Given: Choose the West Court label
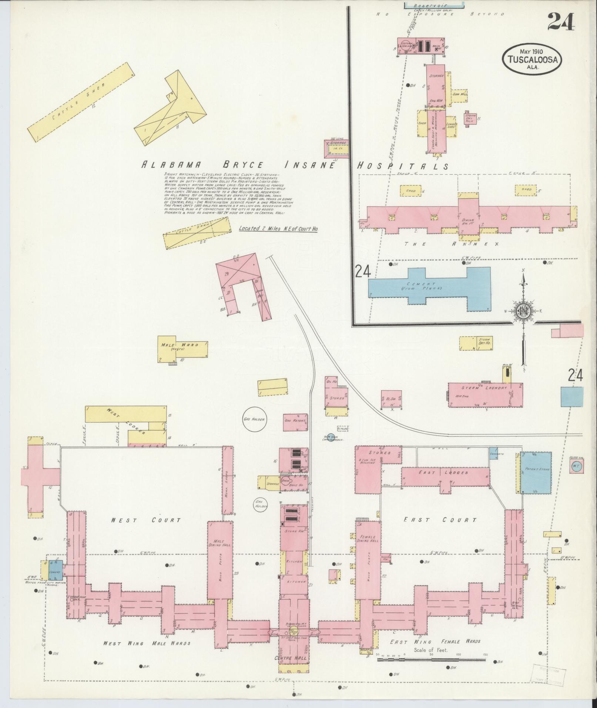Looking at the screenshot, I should click(146, 520).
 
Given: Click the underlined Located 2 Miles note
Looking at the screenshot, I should click(278, 229).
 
